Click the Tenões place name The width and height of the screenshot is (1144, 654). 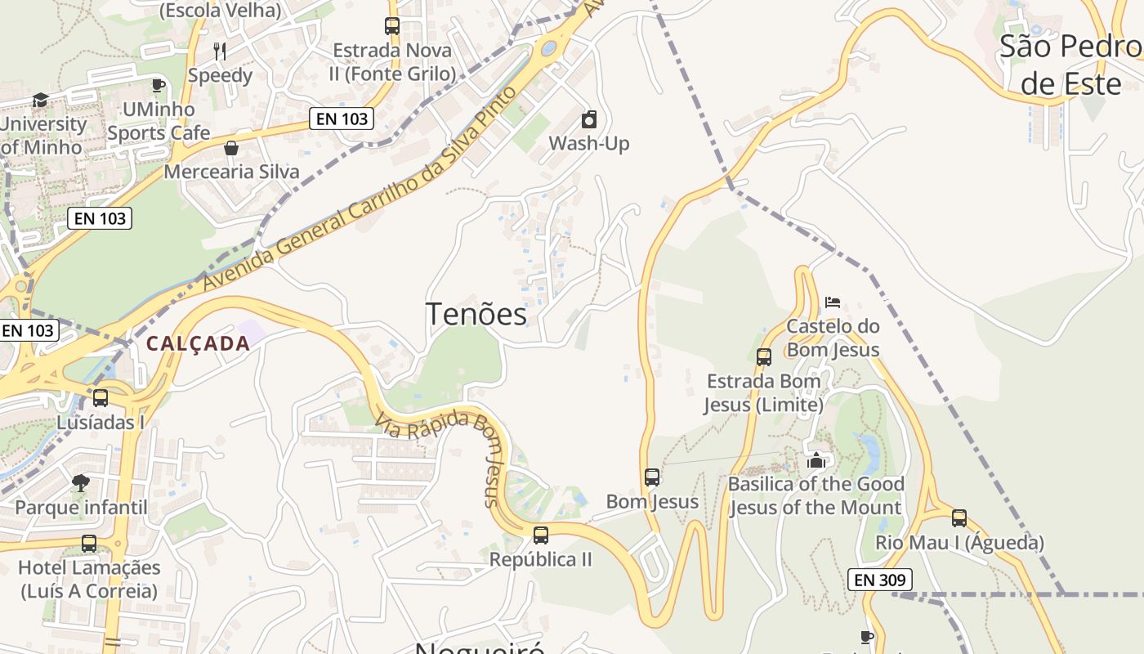[x=476, y=314]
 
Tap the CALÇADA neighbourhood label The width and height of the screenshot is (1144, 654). [x=198, y=343]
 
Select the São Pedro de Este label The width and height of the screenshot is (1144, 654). [x=1071, y=65]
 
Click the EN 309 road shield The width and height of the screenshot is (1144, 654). [x=879, y=580]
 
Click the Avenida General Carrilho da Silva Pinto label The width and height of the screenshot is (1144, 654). [x=360, y=189]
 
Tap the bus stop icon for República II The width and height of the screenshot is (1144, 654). [x=540, y=535]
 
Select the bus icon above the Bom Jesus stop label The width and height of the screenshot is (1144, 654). [x=651, y=477]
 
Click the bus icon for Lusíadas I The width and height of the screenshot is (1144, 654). [x=101, y=398]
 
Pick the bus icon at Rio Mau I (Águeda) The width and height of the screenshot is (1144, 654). [x=959, y=517]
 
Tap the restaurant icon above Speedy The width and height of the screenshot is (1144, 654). [x=220, y=52]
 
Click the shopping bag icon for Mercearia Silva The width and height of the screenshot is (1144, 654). [x=231, y=148]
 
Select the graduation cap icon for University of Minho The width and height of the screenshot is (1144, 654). [x=40, y=100]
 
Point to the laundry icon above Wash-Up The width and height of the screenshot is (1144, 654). [x=589, y=120]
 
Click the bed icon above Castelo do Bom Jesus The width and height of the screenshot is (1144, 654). [x=833, y=302]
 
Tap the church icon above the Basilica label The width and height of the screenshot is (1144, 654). [x=816, y=460]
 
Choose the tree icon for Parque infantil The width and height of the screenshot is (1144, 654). [x=80, y=483]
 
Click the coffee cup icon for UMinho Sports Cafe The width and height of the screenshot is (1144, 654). [x=159, y=85]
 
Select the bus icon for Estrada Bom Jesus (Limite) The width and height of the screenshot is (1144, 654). [x=763, y=357]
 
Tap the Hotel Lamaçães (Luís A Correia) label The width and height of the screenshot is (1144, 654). [x=89, y=579]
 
